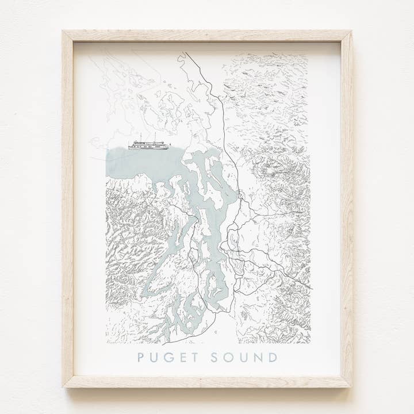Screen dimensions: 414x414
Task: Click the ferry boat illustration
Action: [x=148, y=145]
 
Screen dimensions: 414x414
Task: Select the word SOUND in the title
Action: [x=244, y=357]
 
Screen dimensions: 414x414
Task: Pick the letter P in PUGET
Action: [x=141, y=357]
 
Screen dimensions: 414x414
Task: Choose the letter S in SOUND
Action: [x=214, y=357]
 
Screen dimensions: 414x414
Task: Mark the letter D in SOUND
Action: [x=273, y=357]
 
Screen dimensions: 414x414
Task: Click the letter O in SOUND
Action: [x=228, y=357]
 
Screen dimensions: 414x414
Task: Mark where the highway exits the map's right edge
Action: [x=310, y=287]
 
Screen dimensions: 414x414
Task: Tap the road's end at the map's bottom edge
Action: [x=235, y=343]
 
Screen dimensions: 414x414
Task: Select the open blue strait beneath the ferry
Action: [x=138, y=164]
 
